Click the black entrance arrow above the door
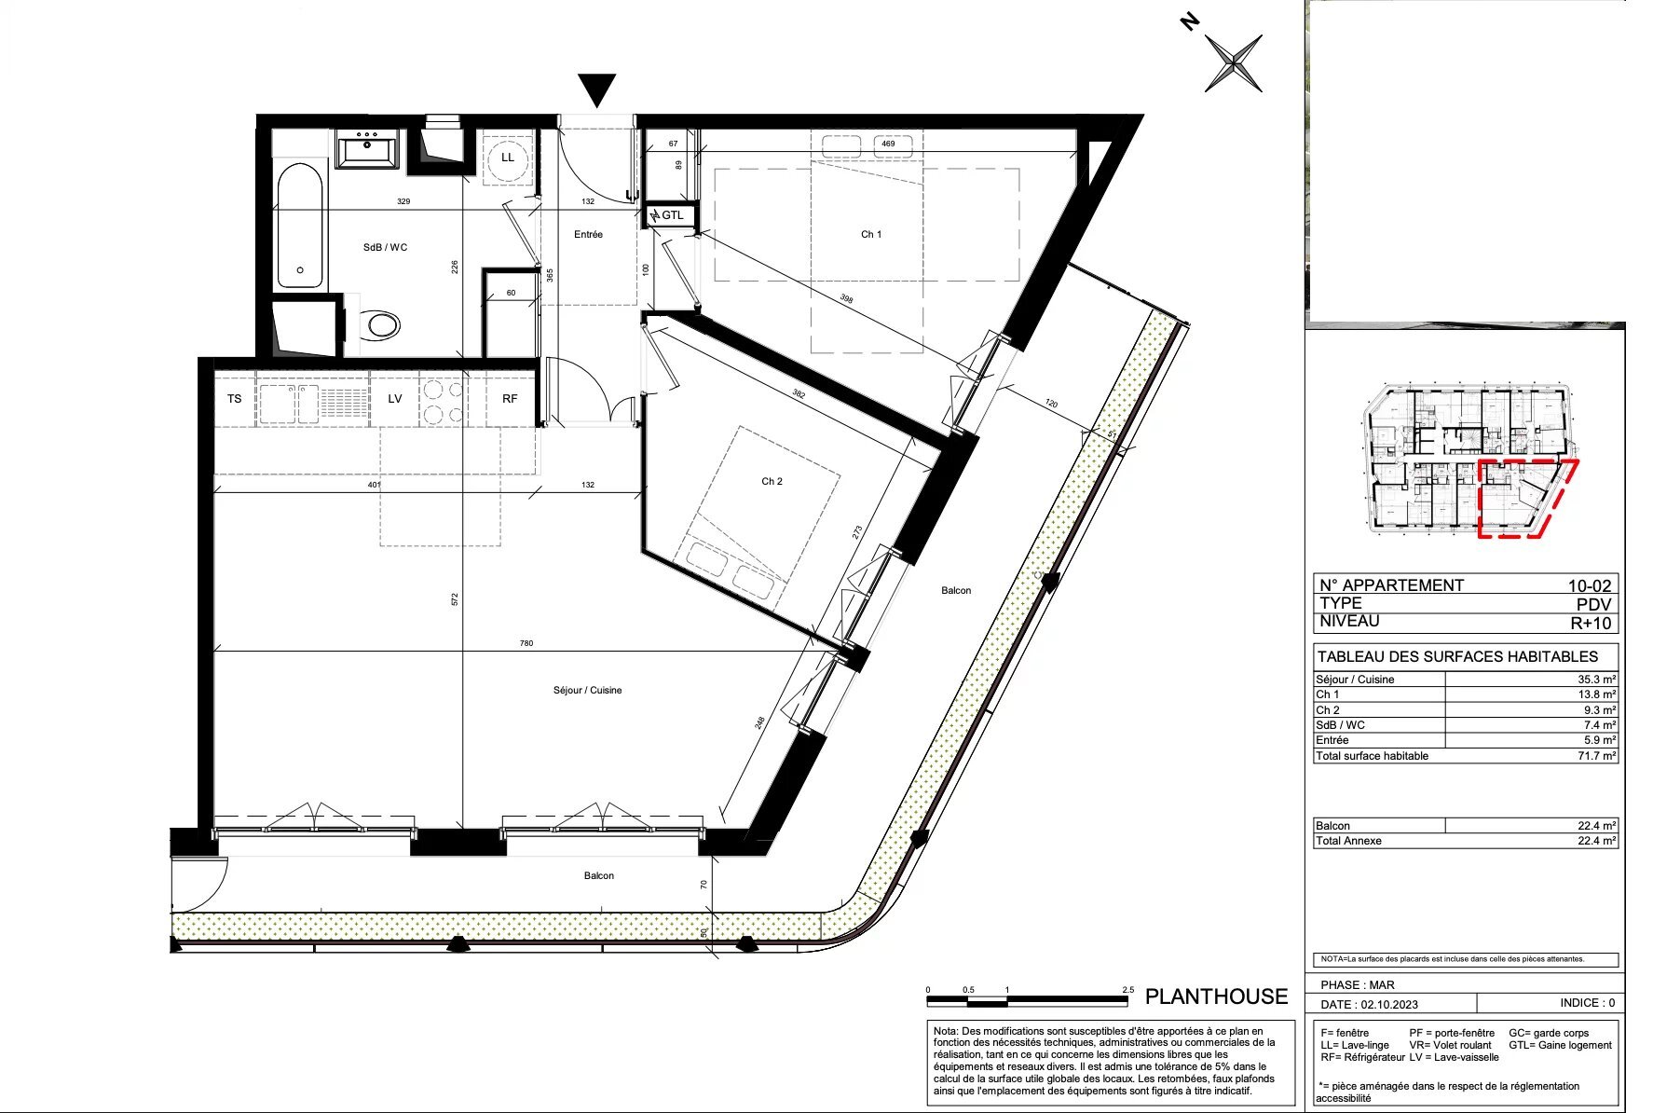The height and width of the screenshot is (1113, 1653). (x=596, y=89)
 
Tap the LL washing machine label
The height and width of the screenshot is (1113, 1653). (x=508, y=158)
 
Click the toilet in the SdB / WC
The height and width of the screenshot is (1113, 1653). (x=382, y=325)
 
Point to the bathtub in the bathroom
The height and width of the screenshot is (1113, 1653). (x=300, y=226)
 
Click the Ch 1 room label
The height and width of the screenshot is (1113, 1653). (x=870, y=235)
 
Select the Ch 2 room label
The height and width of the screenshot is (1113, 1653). (x=772, y=482)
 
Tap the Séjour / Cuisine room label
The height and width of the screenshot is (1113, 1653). (x=587, y=691)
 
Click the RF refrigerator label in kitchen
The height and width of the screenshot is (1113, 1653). (x=510, y=399)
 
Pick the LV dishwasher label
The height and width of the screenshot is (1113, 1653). (x=395, y=399)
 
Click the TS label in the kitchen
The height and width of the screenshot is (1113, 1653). (x=234, y=399)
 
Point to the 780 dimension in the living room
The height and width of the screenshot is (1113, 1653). (x=526, y=643)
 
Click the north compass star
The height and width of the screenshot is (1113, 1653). (x=1234, y=63)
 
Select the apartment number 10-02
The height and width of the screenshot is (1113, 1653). (x=1589, y=585)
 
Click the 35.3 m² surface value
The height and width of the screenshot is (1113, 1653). (x=1596, y=680)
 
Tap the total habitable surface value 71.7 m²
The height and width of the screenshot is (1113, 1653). (x=1596, y=756)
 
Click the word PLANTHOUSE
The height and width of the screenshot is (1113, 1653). (x=1216, y=996)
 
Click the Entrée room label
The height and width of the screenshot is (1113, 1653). (x=588, y=235)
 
